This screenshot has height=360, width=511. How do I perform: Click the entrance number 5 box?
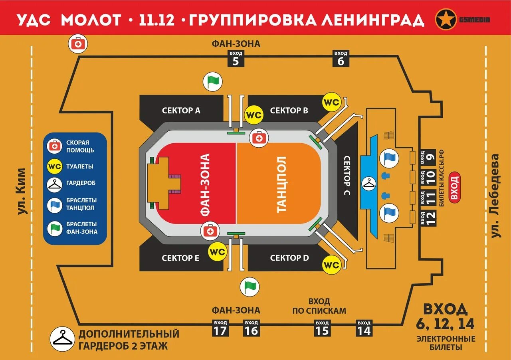tap(236, 59)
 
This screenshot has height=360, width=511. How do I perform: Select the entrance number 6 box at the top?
tap(341, 59)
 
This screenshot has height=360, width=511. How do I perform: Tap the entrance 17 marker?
tap(220, 328)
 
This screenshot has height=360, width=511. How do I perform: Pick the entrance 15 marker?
tap(322, 328)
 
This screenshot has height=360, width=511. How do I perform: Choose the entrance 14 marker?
tap(364, 328)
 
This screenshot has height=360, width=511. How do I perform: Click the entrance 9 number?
tap(430, 157)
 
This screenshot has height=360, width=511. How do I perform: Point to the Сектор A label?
tap(181, 111)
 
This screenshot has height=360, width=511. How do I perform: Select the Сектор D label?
tap(289, 258)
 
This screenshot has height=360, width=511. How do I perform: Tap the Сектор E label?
tap(180, 258)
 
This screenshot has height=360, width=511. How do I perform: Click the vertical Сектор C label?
tap(346, 176)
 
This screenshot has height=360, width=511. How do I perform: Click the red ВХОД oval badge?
tap(454, 188)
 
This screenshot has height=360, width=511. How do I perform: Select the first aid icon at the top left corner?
tap(78, 44)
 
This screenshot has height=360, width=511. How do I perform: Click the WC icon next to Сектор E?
tap(218, 252)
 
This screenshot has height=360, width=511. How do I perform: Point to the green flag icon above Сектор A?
tap(213, 82)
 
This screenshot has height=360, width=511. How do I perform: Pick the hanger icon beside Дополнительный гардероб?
tap(62, 339)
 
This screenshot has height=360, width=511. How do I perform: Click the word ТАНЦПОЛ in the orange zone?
tap(281, 184)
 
